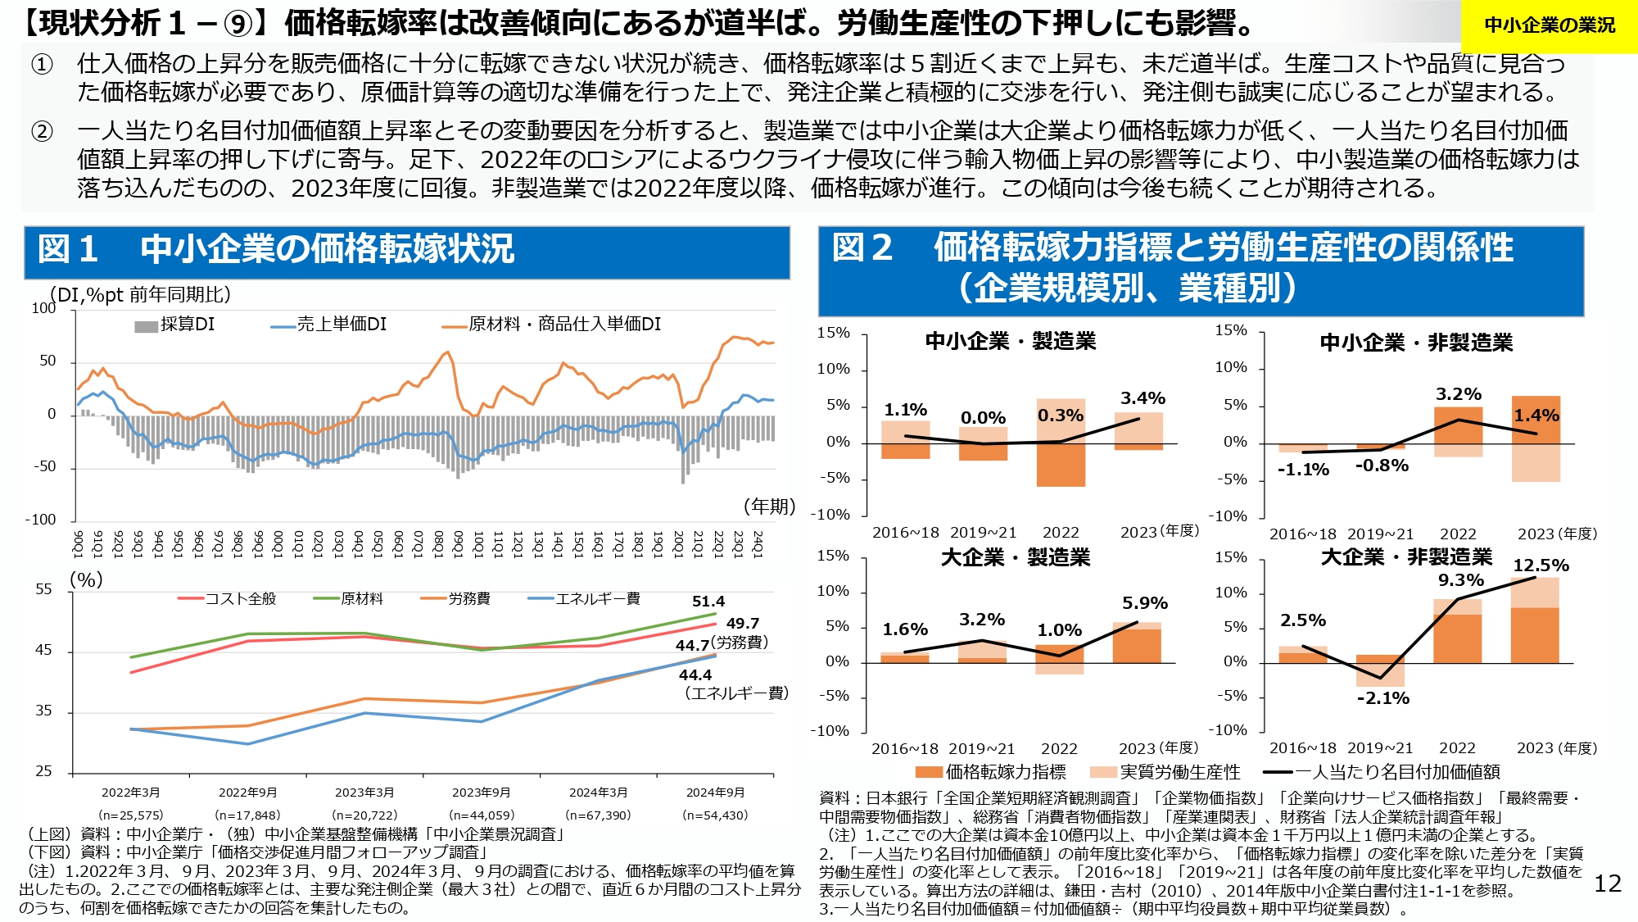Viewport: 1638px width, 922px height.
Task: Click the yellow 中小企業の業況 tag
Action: (1549, 25)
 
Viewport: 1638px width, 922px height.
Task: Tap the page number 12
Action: (1608, 883)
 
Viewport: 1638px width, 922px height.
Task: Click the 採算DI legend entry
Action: (175, 325)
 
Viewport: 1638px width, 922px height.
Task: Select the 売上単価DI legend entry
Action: (329, 325)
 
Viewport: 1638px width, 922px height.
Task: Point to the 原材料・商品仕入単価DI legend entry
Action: (552, 325)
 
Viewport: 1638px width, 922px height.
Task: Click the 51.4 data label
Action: (708, 602)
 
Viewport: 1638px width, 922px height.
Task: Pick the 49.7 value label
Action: (742, 624)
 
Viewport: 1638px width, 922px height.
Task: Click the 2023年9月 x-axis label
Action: (482, 793)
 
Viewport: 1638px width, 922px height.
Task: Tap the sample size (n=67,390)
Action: (598, 815)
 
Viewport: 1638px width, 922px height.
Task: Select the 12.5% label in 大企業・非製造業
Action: (1541, 565)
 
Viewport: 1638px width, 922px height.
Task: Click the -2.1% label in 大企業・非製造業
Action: (1382, 698)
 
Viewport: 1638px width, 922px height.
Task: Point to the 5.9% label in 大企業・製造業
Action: (1144, 603)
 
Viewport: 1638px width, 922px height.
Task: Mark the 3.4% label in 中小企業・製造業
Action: (1143, 398)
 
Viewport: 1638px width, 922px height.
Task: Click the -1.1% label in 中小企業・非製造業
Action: (1303, 470)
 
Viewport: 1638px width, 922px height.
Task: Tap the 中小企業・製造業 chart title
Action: (1010, 341)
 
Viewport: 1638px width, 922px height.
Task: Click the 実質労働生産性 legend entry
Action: (1165, 772)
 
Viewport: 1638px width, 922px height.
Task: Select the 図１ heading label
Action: (68, 249)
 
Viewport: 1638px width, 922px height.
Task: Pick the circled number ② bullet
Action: (42, 131)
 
